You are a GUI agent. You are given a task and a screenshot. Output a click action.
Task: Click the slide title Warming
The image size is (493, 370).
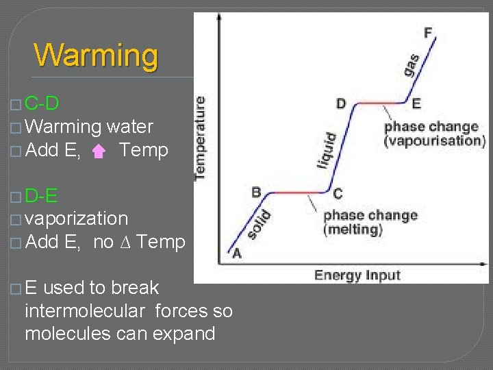pyautogui.click(x=96, y=55)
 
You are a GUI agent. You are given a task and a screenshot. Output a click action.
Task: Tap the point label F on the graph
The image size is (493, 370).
pyautogui.click(x=428, y=32)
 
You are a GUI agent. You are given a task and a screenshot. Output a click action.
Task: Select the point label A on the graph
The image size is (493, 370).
pyautogui.click(x=236, y=254)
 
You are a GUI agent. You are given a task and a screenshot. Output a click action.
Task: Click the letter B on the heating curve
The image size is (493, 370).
pyautogui.click(x=256, y=192)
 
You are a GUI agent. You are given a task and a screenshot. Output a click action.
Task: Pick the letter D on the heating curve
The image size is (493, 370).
pyautogui.click(x=341, y=104)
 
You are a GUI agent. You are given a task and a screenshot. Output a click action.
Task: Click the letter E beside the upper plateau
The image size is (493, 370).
pyautogui.click(x=416, y=104)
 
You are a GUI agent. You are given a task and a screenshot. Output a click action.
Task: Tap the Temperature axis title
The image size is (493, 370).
pyautogui.click(x=200, y=138)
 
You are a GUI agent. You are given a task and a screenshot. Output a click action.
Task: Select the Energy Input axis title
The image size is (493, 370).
pyautogui.click(x=357, y=275)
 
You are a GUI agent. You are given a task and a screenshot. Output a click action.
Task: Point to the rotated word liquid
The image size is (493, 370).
pyautogui.click(x=327, y=150)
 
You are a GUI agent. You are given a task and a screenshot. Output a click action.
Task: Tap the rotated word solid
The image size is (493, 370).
pyautogui.click(x=259, y=225)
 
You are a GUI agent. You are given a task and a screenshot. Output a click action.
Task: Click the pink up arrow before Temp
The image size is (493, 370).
pyautogui.click(x=99, y=151)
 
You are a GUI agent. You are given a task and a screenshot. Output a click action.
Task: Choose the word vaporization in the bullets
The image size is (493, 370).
pyautogui.click(x=76, y=219)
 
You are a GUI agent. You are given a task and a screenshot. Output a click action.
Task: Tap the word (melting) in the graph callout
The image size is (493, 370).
pyautogui.click(x=353, y=230)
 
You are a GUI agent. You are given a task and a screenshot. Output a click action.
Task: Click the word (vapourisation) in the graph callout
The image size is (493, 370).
pyautogui.click(x=434, y=140)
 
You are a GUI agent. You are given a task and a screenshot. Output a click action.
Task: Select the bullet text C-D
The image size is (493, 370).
pyautogui.click(x=41, y=103)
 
